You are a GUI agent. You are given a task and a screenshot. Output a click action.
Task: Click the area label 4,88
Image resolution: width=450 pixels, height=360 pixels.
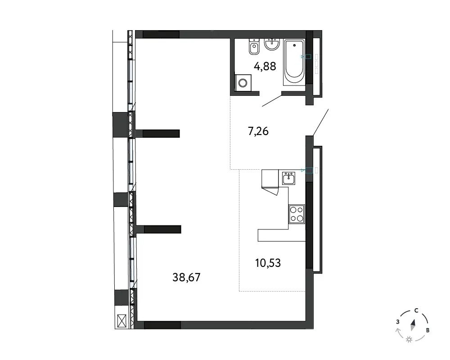pos(265,66)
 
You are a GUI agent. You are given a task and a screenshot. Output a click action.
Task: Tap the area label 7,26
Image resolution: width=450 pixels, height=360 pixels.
pos(258,131)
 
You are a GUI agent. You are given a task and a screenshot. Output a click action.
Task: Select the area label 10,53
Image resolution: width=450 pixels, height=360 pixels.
pos(268,263)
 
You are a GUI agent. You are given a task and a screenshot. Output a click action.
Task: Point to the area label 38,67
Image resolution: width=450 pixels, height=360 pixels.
pos(186,277)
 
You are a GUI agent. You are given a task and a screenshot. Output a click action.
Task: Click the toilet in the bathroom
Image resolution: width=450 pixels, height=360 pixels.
pos(254,46)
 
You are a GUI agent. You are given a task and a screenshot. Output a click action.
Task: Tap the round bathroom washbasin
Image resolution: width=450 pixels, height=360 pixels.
pos(272,44)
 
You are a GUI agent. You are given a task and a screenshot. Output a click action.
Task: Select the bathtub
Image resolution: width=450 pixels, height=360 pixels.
pos(294,62)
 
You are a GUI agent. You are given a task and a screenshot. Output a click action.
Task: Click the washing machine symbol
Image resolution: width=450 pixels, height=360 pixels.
pos(243,83)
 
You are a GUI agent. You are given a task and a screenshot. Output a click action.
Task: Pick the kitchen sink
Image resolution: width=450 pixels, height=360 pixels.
pos(288,179)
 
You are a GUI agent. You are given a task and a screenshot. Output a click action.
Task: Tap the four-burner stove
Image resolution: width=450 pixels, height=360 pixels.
pos(297,214)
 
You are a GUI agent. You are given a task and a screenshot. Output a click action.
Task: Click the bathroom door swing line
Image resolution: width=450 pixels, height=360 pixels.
pos(272,101)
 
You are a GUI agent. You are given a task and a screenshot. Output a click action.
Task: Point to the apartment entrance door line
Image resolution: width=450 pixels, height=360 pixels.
pos(320,122)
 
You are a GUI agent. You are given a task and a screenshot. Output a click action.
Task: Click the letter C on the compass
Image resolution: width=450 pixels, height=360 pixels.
pos(416,310)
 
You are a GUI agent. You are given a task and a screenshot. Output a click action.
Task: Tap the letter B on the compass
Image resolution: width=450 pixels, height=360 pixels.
pos(427,330)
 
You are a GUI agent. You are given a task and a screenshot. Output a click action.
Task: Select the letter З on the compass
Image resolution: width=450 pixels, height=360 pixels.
pos(398,322)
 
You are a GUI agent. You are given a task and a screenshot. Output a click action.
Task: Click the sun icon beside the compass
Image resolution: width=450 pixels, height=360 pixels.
pos(409,340)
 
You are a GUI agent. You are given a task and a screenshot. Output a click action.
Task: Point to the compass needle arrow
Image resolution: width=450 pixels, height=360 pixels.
pos(413,325)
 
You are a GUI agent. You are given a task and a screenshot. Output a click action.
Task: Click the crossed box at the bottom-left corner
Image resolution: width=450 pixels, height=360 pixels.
pos(121,321)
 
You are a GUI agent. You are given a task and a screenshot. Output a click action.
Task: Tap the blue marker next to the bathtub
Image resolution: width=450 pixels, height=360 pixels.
pos(306,57)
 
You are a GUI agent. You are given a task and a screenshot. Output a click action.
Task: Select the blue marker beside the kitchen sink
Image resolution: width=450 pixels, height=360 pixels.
pos(306,171)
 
